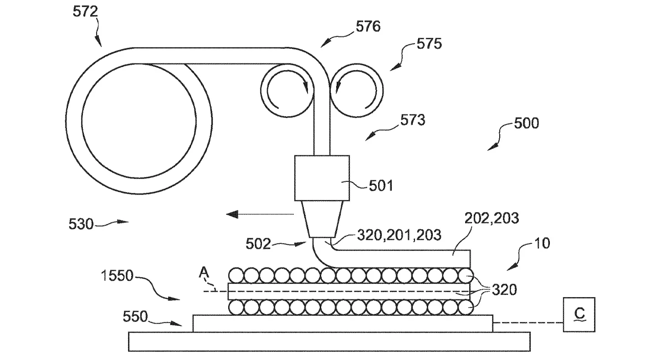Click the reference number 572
(85, 12)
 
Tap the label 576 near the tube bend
(368, 26)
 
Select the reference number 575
(429, 44)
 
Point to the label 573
(413, 120)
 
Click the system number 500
(526, 123)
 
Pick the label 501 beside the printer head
(381, 186)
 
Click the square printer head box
(322, 178)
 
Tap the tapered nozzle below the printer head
(322, 219)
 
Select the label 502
(258, 244)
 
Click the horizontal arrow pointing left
(260, 215)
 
